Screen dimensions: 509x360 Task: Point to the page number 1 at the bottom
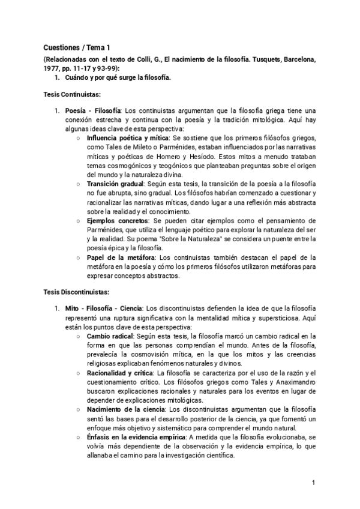(x=313, y=483)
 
